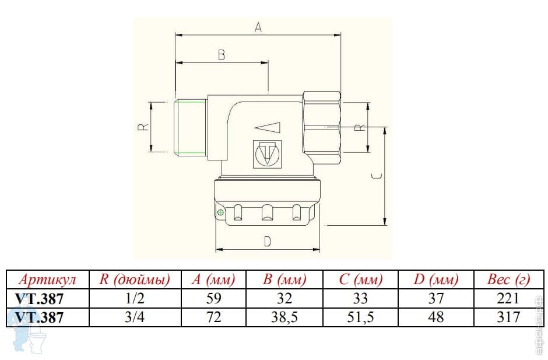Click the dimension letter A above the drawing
[x=258, y=26]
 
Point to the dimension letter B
[x=222, y=54]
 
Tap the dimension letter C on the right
[x=376, y=176]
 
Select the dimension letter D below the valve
[x=267, y=241]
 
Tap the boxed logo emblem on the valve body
[x=267, y=154]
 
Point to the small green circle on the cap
[x=220, y=213]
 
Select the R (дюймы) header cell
[x=135, y=279]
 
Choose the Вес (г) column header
[x=508, y=279]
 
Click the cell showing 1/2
[x=135, y=299]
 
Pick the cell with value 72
[x=213, y=317]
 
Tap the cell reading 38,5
[x=284, y=317]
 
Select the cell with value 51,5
[x=360, y=317]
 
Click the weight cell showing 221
[x=508, y=299]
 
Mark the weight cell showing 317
[x=508, y=317]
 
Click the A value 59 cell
[x=213, y=299]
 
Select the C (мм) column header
[x=360, y=279]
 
